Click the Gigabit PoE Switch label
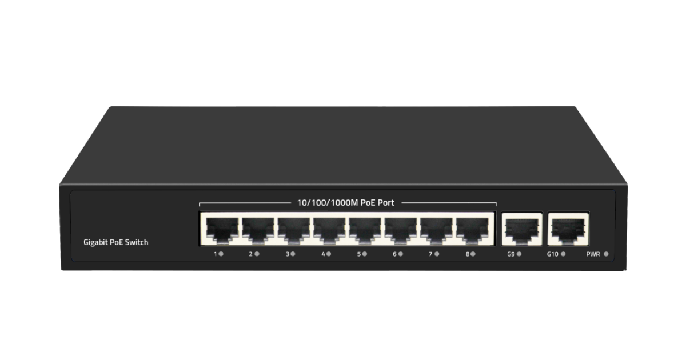point(115,242)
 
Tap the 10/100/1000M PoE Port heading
point(345,203)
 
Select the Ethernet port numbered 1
point(222,231)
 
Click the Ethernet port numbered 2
point(258,231)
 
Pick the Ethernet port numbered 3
point(294,231)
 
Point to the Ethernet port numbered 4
point(329,231)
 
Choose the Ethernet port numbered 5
point(365,231)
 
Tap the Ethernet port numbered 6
point(401,231)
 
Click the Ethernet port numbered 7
point(436,231)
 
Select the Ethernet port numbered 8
point(472,231)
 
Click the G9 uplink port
point(522,229)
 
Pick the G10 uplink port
point(568,229)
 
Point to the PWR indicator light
point(606,254)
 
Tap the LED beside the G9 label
point(519,254)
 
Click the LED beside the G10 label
point(563,254)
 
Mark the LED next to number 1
point(221,254)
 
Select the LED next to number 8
point(473,254)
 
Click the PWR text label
point(593,254)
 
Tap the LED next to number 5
point(365,254)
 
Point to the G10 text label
point(552,254)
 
